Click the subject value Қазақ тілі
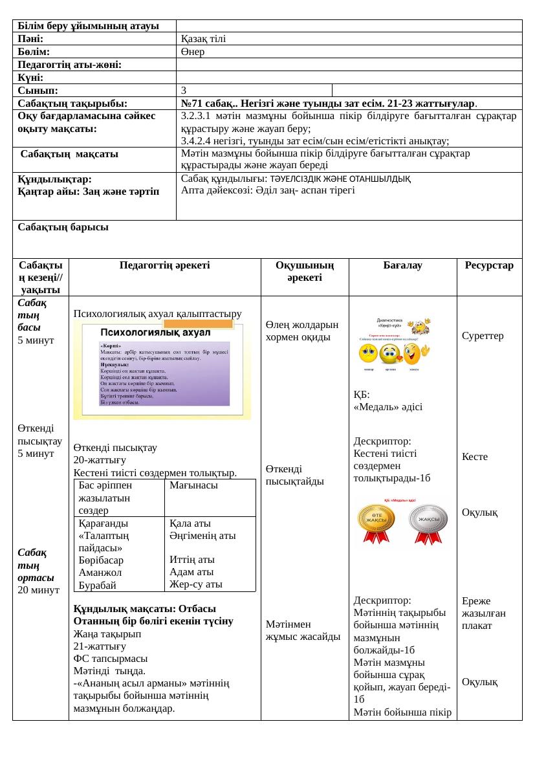(x=203, y=39)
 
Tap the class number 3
(x=184, y=90)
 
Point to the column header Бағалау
(x=402, y=265)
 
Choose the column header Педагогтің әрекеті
(x=164, y=265)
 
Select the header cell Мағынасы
(x=193, y=485)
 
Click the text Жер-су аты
(x=196, y=584)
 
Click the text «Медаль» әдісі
(x=388, y=407)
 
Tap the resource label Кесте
(x=475, y=457)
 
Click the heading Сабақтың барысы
(x=63, y=227)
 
